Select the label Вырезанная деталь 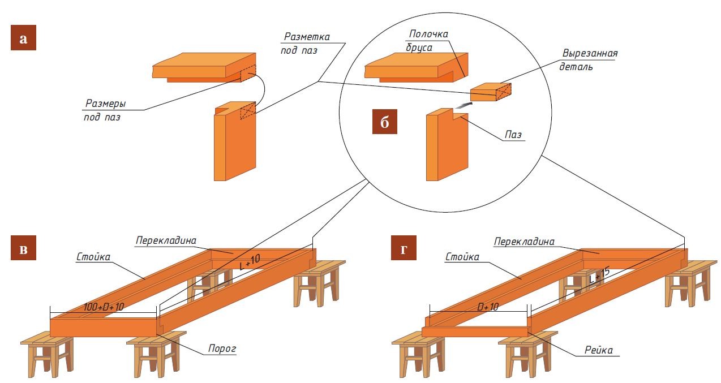coord(589,60)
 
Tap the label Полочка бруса coord(426,41)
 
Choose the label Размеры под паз coord(105,110)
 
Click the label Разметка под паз coord(305,43)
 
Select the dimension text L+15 coord(599,276)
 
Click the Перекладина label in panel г coord(523,241)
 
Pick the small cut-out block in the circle coord(490,91)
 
